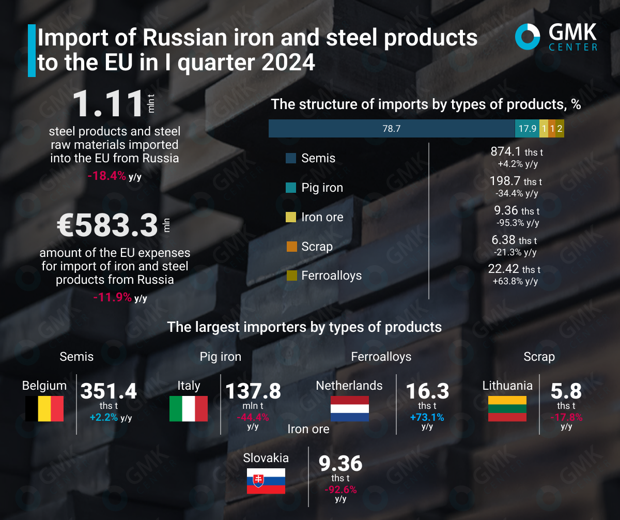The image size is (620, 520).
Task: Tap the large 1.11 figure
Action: pyautogui.click(x=107, y=104)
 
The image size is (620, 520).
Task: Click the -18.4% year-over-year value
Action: pyautogui.click(x=107, y=176)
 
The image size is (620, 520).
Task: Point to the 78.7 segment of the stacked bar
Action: pyautogui.click(x=391, y=129)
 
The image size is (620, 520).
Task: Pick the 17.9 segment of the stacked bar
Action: pyautogui.click(x=527, y=129)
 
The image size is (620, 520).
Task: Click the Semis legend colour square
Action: pyautogui.click(x=291, y=158)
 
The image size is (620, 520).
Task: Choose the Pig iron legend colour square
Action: pyautogui.click(x=291, y=188)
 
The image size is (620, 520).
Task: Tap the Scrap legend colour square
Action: pyautogui.click(x=291, y=247)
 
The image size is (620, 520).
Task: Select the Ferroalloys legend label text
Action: pyautogui.click(x=331, y=276)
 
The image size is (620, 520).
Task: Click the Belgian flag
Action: pyautogui.click(x=44, y=408)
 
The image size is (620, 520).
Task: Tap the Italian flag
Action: pyautogui.click(x=188, y=408)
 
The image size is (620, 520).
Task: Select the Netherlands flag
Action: pyautogui.click(x=349, y=408)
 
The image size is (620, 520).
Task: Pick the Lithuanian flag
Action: pyautogui.click(x=507, y=408)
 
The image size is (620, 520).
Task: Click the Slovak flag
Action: pyautogui.click(x=266, y=481)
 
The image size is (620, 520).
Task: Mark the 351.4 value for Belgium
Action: pyautogui.click(x=109, y=391)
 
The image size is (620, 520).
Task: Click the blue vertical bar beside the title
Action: pyautogui.click(x=32, y=50)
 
